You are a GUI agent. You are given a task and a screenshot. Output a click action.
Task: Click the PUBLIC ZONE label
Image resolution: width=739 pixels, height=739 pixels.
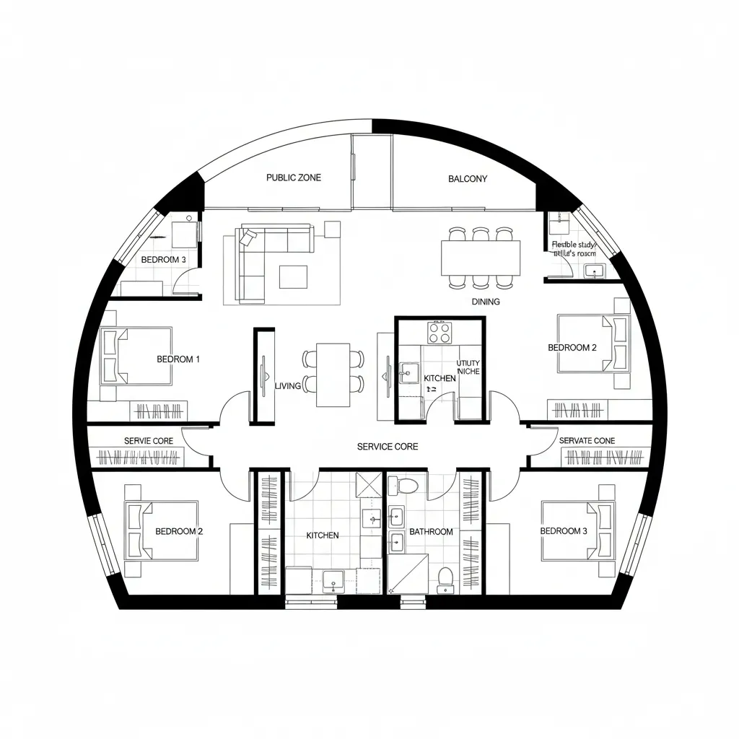tap(294, 178)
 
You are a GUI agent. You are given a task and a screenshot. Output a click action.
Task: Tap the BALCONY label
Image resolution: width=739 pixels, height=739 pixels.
tap(467, 179)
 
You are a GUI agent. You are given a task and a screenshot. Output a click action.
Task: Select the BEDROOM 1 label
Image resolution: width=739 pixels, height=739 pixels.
tap(178, 359)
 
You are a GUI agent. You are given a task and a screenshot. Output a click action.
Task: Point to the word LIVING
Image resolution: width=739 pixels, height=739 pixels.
tap(288, 386)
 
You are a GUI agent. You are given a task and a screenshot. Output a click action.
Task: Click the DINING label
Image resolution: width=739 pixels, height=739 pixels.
tap(486, 302)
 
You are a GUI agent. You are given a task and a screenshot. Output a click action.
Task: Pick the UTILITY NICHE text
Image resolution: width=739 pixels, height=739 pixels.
tap(468, 367)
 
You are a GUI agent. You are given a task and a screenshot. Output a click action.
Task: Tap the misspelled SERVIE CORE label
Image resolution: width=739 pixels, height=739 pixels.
tap(148, 440)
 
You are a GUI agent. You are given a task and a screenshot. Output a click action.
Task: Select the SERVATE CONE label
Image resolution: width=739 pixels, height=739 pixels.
tap(587, 440)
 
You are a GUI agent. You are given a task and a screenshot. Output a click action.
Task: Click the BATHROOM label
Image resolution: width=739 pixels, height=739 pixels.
tap(431, 532)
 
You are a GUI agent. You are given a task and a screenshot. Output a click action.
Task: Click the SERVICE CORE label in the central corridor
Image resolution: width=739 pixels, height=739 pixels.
tap(388, 447)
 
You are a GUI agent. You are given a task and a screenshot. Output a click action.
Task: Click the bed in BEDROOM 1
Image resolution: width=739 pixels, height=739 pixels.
tap(137, 355)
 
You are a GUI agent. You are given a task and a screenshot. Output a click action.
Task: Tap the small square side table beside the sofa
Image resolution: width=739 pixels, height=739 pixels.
tap(332, 229)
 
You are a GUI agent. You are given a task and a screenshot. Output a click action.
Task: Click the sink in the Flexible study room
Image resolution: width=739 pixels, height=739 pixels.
tap(595, 271)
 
